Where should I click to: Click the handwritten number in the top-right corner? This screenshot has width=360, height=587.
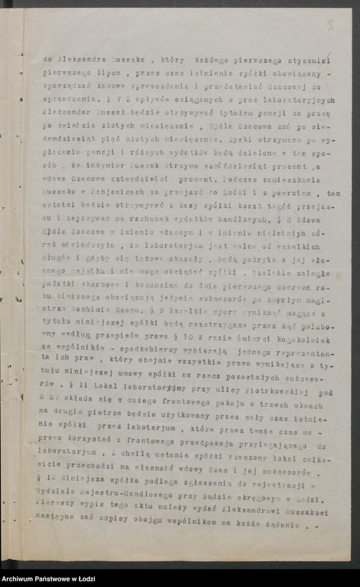pyautogui.click(x=330, y=24)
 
